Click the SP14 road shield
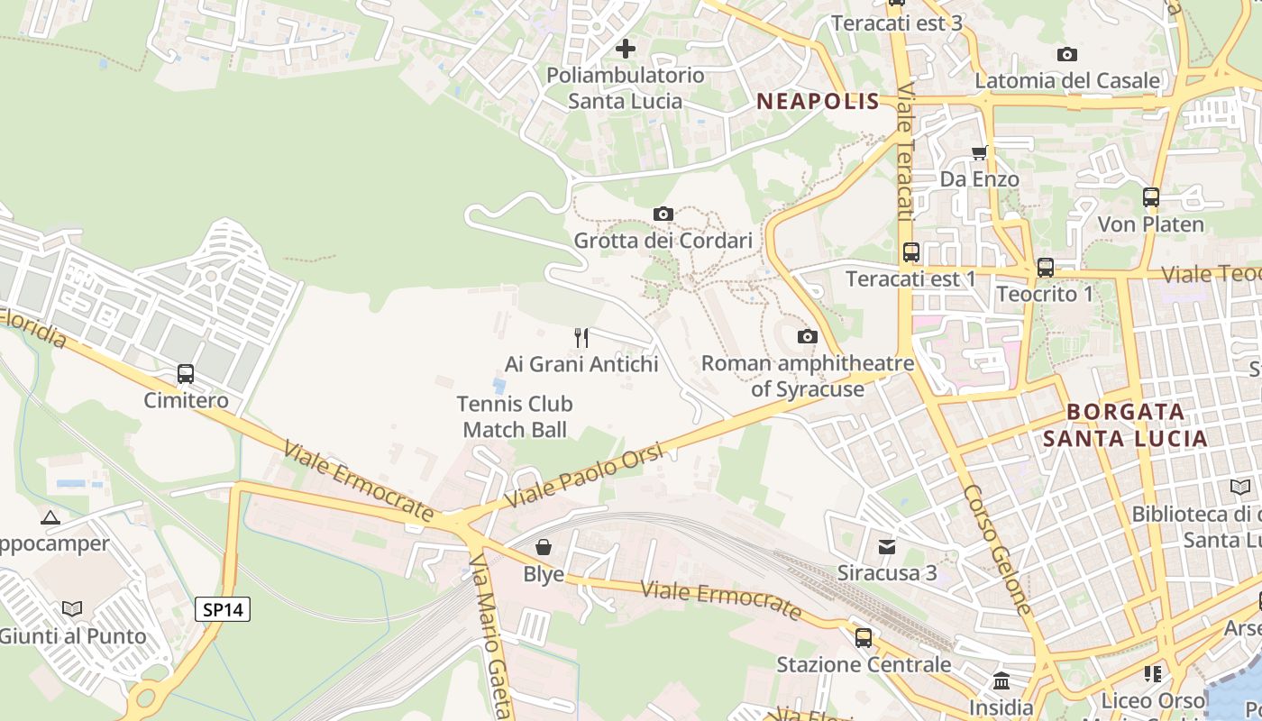(x=223, y=609)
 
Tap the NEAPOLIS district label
(x=818, y=101)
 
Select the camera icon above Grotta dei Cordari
(x=663, y=214)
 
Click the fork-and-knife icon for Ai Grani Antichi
(x=581, y=338)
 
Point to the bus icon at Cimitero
(x=186, y=373)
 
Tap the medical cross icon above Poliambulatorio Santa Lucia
(x=626, y=48)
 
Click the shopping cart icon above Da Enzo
(x=979, y=152)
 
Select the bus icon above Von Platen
(x=1151, y=197)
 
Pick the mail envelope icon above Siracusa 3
(x=887, y=546)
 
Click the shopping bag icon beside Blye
(x=544, y=547)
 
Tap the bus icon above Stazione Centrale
(x=864, y=638)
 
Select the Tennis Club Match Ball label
(x=515, y=416)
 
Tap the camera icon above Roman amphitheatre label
(x=808, y=337)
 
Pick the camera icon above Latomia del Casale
(x=1067, y=54)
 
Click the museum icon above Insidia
(x=1001, y=680)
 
